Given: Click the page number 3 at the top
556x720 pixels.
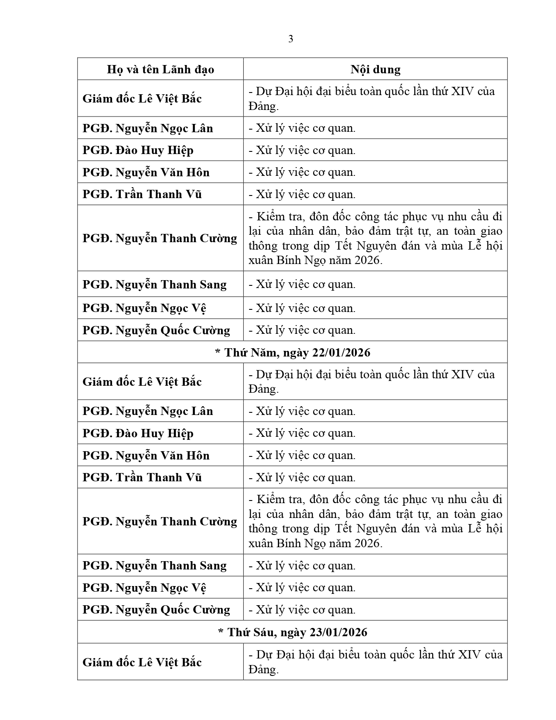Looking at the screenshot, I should tap(291, 39).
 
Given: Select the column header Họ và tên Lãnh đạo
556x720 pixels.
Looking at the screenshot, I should tap(160, 69).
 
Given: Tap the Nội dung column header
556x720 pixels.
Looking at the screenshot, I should tap(375, 69).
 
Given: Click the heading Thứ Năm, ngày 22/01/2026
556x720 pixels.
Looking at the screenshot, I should tap(292, 352).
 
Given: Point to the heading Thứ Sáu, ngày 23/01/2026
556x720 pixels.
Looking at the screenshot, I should tap(292, 632).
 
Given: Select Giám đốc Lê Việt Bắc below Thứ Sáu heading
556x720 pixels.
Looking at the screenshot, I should tap(142, 662).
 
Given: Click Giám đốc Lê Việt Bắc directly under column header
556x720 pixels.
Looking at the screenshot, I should tap(142, 98).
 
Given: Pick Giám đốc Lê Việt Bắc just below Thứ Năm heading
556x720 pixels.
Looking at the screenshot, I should tap(142, 381).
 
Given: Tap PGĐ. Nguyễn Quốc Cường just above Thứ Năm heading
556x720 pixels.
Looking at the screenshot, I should tap(156, 330).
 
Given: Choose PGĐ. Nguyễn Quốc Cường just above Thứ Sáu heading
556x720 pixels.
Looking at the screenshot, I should tap(156, 610).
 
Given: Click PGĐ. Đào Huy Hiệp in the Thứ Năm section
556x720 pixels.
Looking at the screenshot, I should tap(138, 433).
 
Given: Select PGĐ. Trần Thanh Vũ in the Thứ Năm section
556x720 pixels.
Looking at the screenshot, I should tap(142, 477).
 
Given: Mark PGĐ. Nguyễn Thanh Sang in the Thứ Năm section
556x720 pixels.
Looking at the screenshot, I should tap(154, 566).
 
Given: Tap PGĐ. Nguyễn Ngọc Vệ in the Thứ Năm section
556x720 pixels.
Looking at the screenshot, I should tap(144, 588).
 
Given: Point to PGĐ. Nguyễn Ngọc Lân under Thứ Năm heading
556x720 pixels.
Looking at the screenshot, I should tap(148, 411).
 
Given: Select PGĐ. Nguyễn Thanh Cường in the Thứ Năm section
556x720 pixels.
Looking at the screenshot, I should tap(160, 521).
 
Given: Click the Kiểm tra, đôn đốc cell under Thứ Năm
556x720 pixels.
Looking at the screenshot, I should tap(375, 521).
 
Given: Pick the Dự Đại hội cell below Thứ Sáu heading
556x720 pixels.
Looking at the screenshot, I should tap(375, 662).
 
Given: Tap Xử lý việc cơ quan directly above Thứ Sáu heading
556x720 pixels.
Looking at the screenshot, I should tap(302, 610).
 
